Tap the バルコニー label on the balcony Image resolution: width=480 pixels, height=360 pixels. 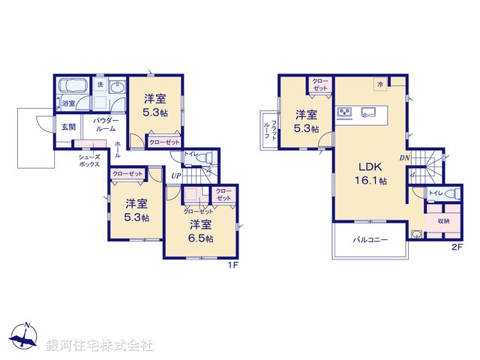[370, 240]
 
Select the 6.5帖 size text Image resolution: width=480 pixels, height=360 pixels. [200, 238]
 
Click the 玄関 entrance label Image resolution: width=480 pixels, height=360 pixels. [67, 127]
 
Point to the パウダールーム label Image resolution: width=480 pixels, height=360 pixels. [104, 124]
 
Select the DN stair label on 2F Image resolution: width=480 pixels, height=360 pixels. [404, 157]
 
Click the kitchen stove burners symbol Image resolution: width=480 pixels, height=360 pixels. [345, 113]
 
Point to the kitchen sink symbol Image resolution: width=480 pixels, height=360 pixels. [369, 113]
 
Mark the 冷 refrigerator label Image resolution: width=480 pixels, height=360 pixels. [380, 84]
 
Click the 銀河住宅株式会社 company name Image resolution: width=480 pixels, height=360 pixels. [100, 345]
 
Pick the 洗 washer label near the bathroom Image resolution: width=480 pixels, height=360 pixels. [100, 85]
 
